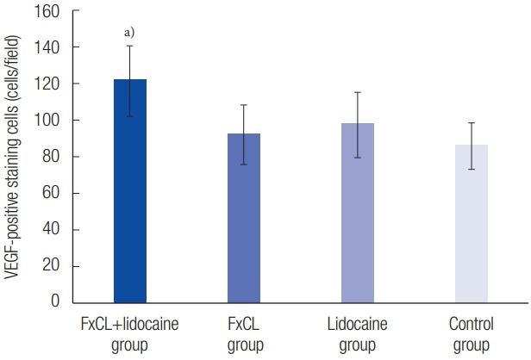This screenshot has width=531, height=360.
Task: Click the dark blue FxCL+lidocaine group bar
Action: [130, 198]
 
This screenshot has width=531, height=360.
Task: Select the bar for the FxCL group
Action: [244, 224]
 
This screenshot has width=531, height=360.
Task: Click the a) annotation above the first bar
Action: [129, 32]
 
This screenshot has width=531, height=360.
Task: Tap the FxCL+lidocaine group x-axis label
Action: [130, 333]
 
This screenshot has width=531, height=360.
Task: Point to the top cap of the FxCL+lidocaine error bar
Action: [130, 46]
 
